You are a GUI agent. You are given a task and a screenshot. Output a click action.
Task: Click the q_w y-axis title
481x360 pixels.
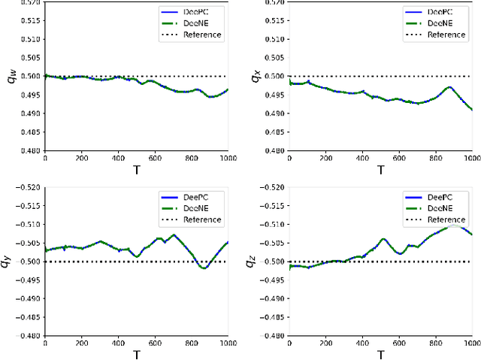click(x=11, y=76)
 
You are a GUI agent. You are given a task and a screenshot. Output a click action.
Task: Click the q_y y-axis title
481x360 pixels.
click(x=8, y=262)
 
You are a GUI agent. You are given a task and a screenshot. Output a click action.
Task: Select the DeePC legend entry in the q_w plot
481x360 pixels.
click(x=191, y=13)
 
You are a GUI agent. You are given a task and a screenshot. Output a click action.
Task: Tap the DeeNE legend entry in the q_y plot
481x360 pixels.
click(x=191, y=209)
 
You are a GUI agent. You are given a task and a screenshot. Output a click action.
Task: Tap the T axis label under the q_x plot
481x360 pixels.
click(x=380, y=169)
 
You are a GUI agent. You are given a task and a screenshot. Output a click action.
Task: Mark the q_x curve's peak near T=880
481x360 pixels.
click(x=449, y=87)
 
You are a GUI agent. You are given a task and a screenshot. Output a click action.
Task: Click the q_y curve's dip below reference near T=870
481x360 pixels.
click(x=204, y=268)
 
